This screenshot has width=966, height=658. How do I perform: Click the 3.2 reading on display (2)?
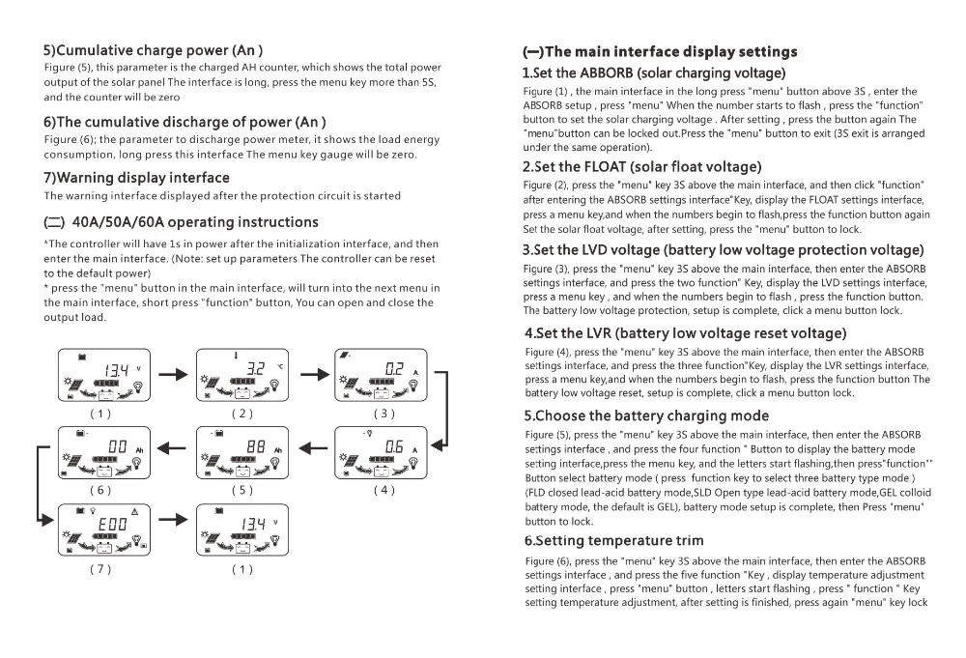coord(256,369)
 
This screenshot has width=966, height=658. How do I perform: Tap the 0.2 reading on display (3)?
coord(394,369)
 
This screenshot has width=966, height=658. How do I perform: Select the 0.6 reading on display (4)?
coord(394,446)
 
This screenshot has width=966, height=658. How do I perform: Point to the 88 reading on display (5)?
coord(256,446)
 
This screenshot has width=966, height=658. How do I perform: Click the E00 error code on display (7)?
coord(115,525)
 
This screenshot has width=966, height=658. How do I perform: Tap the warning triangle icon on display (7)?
coord(134,509)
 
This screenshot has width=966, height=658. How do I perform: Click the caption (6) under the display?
coord(100,490)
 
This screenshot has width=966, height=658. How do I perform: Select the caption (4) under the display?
coord(384,490)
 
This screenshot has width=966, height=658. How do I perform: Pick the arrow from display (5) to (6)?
coord(173,447)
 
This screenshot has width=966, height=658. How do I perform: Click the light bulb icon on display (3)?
coord(413,385)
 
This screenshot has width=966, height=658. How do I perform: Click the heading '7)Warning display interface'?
coord(136,178)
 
